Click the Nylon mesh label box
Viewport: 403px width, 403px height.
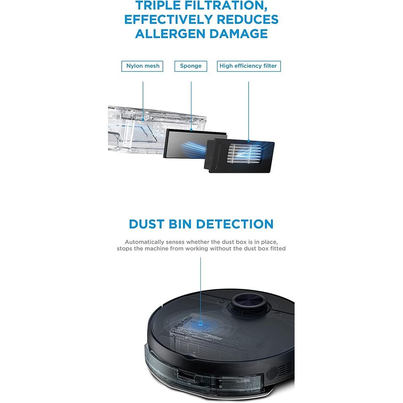142,66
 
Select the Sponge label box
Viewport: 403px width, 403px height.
191,66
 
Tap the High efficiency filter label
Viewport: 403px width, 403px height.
248,66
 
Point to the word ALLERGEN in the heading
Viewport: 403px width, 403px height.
179,33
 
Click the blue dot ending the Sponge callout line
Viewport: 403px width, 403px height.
191,130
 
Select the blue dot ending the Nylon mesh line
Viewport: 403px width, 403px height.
143,119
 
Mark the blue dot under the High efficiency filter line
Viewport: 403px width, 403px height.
249,141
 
